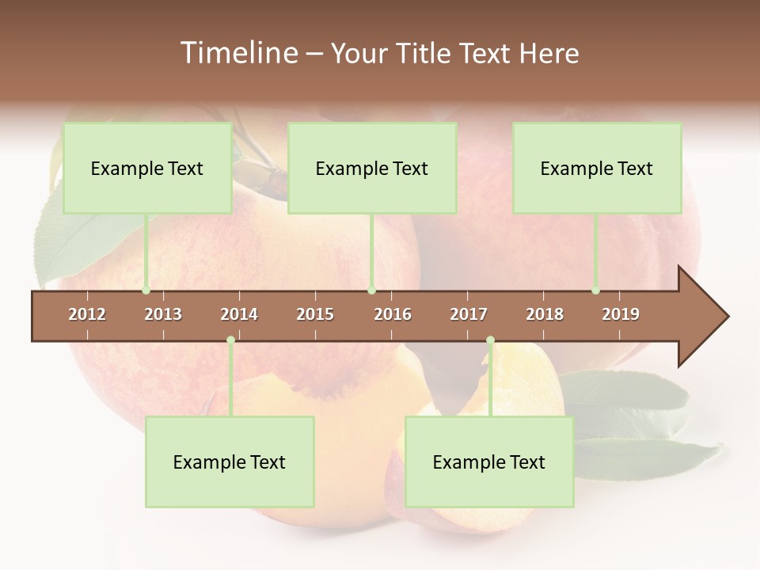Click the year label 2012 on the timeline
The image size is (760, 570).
[x=87, y=314]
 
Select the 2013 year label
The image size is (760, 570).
[x=163, y=314]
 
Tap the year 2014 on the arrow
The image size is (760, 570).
[x=239, y=314]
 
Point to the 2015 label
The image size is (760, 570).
[x=315, y=314]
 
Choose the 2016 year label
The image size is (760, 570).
[x=393, y=314]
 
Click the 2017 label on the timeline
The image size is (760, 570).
[x=469, y=314]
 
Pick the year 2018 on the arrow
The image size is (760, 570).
[x=545, y=314]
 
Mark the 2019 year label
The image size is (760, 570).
[x=621, y=314]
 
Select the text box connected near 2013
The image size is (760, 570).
[x=147, y=168]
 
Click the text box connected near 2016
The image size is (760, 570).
[x=372, y=168]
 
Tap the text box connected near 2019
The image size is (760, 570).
[x=597, y=168]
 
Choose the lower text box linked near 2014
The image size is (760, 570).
[x=230, y=462]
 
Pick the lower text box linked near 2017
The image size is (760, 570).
[x=489, y=462]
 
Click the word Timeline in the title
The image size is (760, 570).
[x=237, y=53]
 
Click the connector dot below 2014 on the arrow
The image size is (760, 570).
[x=230, y=340]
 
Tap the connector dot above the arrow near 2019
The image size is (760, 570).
[x=595, y=291]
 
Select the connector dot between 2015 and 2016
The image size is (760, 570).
[x=371, y=291]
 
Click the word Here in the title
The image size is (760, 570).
[x=549, y=53]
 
